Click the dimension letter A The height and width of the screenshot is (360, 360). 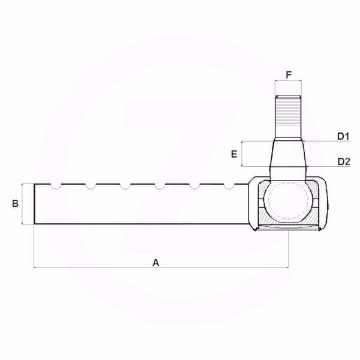pyautogui.click(x=155, y=263)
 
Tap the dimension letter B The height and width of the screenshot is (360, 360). pyautogui.click(x=15, y=203)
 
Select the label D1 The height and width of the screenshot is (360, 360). pyautogui.click(x=343, y=136)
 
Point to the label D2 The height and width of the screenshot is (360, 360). pyautogui.click(x=344, y=161)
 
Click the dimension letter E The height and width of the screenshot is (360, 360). pyautogui.click(x=234, y=154)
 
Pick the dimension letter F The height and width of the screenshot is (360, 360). pyautogui.click(x=289, y=75)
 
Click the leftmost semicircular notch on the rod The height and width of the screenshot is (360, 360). pyautogui.click(x=56, y=187)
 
